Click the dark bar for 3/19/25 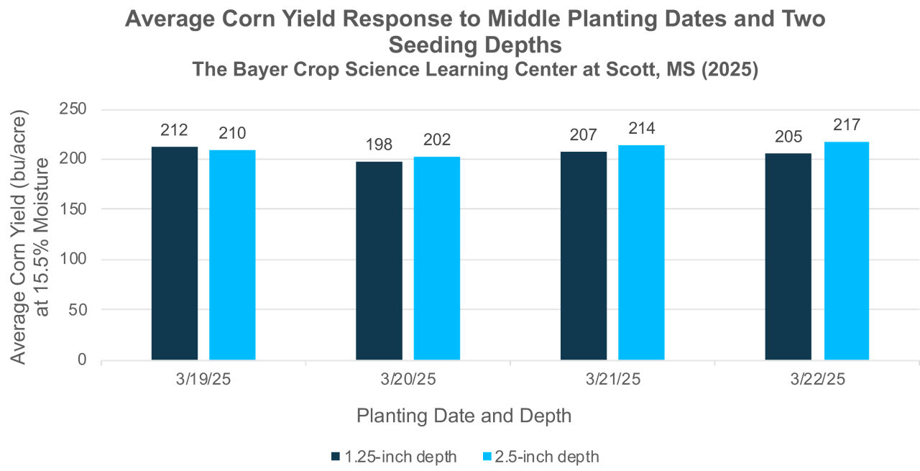(175, 253)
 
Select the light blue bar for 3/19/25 (232, 255)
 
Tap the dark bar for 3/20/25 (379, 260)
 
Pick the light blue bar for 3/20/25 (437, 258)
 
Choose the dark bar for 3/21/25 (584, 255)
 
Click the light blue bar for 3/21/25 (641, 252)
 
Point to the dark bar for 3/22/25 (788, 256)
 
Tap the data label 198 (379, 145)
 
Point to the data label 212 (175, 130)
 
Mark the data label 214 (641, 128)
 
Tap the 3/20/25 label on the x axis (408, 379)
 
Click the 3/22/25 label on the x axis (816, 379)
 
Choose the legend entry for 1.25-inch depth (393, 457)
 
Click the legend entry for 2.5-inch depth (539, 457)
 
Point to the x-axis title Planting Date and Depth (464, 416)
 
